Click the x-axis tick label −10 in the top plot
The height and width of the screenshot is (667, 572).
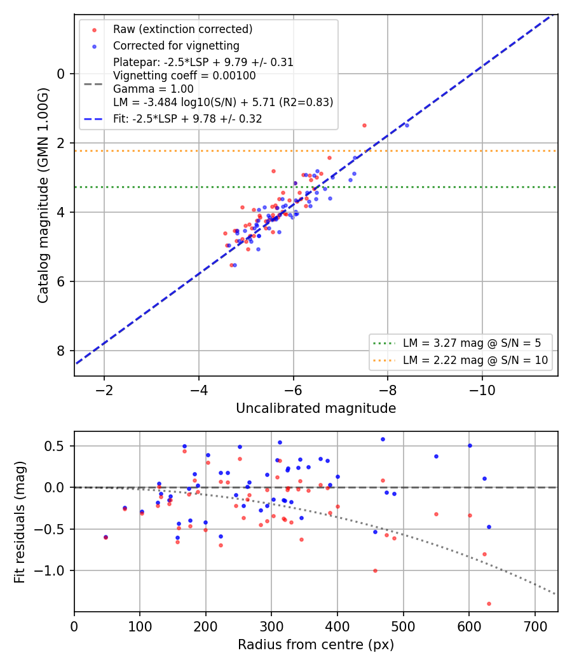482,390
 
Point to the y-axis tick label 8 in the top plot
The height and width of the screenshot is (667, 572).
61,351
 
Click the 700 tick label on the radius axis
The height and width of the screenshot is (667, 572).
535,626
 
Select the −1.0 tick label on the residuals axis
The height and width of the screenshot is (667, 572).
49,570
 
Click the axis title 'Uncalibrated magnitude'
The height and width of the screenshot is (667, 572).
316,408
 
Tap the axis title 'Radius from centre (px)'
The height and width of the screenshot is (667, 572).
316,645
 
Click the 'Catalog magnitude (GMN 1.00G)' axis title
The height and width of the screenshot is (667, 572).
43,196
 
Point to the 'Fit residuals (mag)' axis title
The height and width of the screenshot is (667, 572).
20,522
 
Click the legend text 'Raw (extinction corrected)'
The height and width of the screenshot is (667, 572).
182,29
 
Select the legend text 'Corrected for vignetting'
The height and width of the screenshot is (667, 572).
176,46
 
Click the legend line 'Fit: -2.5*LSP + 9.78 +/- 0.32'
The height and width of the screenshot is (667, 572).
187,119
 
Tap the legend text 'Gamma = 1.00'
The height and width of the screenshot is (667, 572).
153,89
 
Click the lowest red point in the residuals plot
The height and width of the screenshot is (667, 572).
489,603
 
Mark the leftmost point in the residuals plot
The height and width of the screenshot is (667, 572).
106,537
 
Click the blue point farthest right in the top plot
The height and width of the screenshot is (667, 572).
407,126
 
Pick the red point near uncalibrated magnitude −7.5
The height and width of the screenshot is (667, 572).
364,126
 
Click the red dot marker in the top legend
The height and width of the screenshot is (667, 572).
95,30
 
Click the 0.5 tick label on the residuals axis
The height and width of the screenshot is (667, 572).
54,446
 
